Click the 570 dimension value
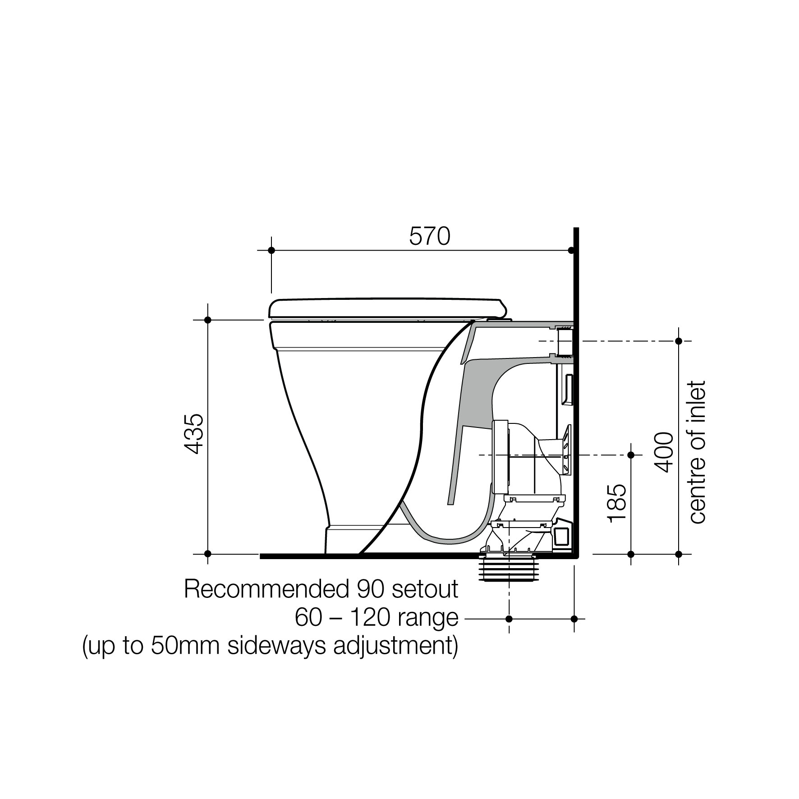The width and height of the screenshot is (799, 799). click(430, 236)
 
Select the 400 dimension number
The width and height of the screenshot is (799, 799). click(663, 452)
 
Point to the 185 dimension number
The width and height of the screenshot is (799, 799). click(617, 503)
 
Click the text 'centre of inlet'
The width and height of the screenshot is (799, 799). click(697, 452)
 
